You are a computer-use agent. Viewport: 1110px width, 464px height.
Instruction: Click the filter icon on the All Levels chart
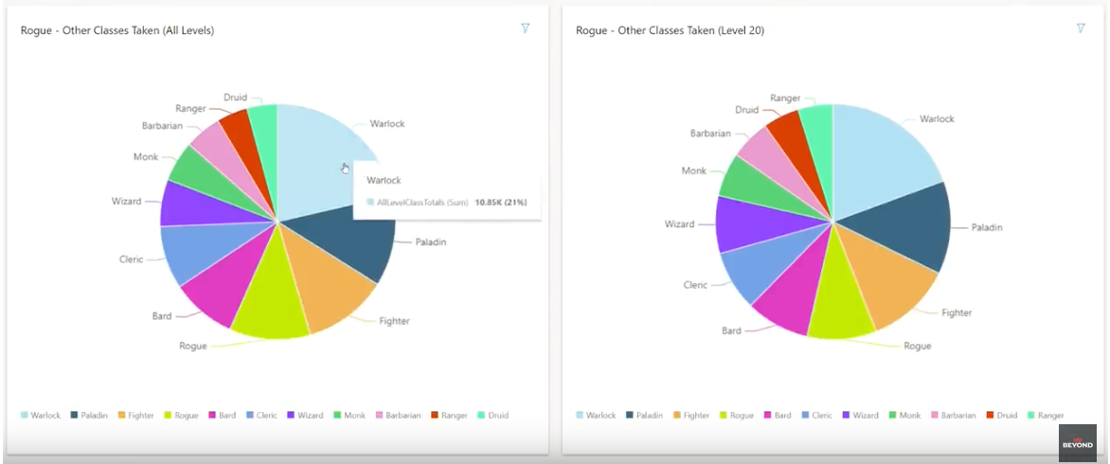coord(526,28)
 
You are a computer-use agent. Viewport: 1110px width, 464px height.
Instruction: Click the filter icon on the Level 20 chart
coord(1081,28)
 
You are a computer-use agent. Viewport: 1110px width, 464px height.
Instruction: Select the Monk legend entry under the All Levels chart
coord(349,415)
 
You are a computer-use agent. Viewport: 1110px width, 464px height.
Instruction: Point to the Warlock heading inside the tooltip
coord(384,180)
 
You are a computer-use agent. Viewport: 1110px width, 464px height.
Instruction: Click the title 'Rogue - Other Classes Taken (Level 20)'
coord(670,30)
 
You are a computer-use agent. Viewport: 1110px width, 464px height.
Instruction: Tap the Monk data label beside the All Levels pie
coord(146,157)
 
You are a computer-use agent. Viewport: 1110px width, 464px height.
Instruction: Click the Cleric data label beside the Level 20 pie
coord(696,285)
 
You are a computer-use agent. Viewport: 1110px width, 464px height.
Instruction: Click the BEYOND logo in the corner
coord(1077,443)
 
